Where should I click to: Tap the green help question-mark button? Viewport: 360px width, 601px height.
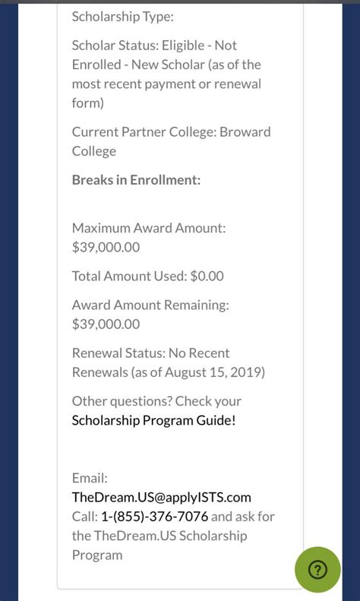[x=317, y=570]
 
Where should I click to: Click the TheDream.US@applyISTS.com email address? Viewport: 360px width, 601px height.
[x=161, y=498]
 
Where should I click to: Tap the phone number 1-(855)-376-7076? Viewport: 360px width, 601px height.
[x=154, y=517]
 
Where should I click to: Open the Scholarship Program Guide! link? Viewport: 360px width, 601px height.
[x=153, y=420]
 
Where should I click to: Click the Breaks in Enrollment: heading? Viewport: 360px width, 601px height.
[x=136, y=180]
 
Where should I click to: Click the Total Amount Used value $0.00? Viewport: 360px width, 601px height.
[x=207, y=277]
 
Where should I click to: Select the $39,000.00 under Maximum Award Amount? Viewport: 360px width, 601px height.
[x=106, y=247]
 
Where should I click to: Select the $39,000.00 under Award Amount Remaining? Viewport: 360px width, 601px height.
[x=106, y=324]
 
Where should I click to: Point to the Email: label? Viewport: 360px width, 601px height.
[x=90, y=479]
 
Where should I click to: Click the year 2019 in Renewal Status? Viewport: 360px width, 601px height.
[x=245, y=372]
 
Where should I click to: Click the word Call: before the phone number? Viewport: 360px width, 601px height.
[x=84, y=517]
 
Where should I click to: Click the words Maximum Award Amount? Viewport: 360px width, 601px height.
[x=149, y=228]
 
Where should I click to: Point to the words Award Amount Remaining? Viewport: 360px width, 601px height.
[x=150, y=305]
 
